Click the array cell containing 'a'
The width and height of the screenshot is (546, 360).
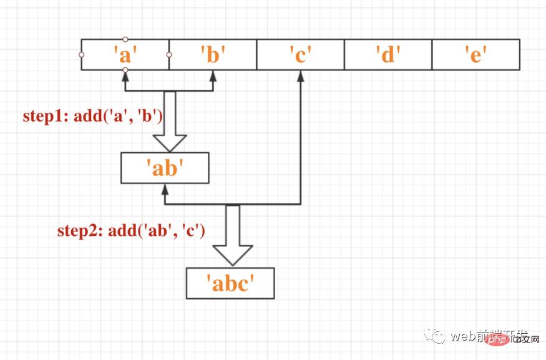(x=125, y=55)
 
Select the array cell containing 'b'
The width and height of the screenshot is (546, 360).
(x=213, y=55)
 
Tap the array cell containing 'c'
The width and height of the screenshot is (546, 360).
(x=300, y=55)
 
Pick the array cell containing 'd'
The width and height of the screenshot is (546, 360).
(x=388, y=55)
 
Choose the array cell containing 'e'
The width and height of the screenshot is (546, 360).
(x=475, y=55)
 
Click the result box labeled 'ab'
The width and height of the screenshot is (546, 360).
(x=165, y=168)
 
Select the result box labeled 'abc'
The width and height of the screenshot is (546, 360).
(x=230, y=283)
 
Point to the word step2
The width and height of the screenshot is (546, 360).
(x=80, y=231)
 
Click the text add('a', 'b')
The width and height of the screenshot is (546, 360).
(x=119, y=115)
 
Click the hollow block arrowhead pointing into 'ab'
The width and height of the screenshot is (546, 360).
(x=169, y=143)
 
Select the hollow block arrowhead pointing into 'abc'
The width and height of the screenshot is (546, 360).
(x=233, y=255)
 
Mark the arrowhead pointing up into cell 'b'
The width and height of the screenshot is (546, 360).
(x=213, y=75)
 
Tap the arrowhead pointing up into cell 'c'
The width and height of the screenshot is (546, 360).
(x=300, y=75)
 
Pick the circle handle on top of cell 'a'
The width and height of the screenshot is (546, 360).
(x=125, y=39)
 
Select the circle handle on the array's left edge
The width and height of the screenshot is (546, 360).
(x=81, y=55)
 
